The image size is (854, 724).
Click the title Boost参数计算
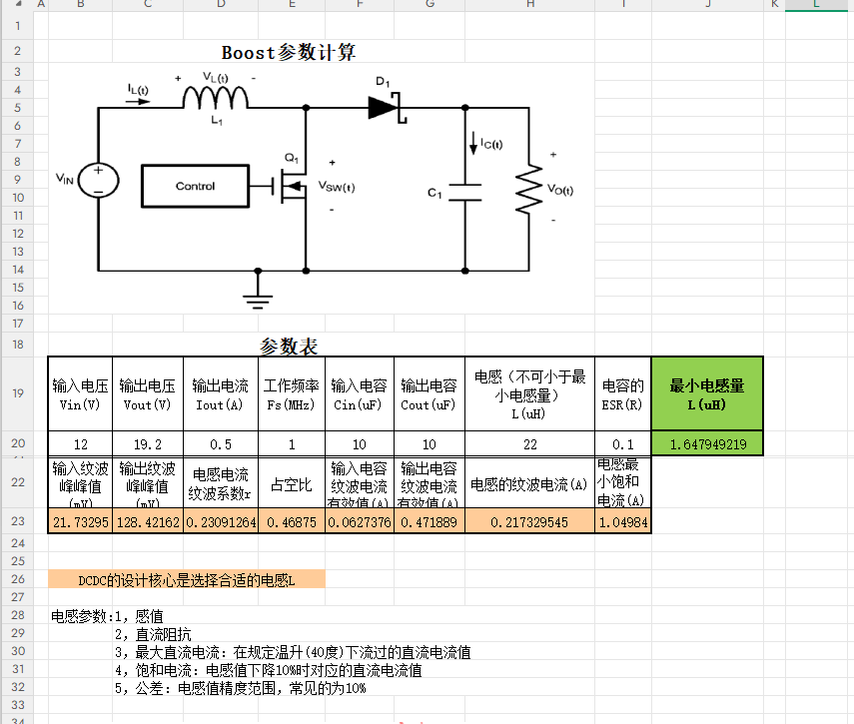click(x=289, y=53)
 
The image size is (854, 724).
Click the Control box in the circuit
click(x=195, y=186)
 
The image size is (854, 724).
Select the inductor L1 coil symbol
click(x=216, y=98)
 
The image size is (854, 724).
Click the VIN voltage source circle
click(x=99, y=179)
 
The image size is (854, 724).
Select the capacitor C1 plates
click(x=464, y=192)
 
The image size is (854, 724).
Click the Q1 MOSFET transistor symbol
click(x=293, y=186)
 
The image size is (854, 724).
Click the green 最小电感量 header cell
click(x=707, y=393)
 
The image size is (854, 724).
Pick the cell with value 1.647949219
click(x=707, y=443)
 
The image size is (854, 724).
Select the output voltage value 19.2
click(x=148, y=443)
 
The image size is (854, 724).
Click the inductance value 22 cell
click(x=530, y=443)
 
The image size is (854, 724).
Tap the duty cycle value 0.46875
click(x=292, y=521)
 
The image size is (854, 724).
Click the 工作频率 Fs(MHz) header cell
click(x=292, y=393)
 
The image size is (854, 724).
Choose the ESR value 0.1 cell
click(x=622, y=443)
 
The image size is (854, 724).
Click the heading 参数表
click(x=289, y=347)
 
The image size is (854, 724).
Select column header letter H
click(x=530, y=5)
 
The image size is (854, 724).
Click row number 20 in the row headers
click(x=17, y=443)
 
